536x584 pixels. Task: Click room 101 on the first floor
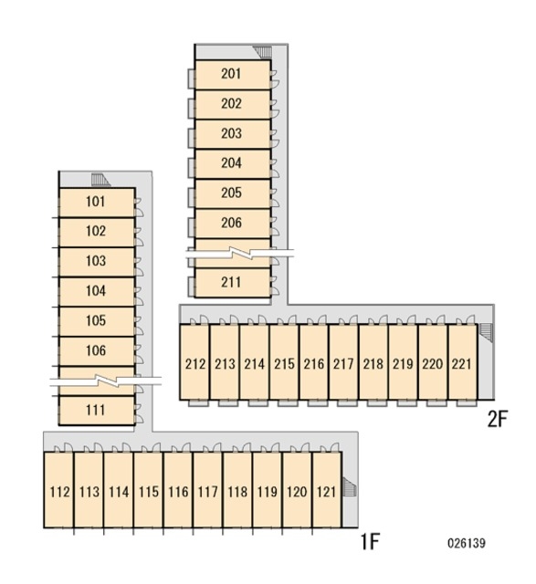pos(97,203)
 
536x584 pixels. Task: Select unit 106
pos(97,351)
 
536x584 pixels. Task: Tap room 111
pos(97,411)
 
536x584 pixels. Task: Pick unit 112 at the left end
pos(58,490)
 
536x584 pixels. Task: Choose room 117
pos(207,490)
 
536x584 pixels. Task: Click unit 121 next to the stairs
pos(327,490)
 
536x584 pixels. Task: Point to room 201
pos(233,75)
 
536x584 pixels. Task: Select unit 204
pos(233,164)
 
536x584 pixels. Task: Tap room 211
pos(233,283)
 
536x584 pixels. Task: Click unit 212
pos(194,362)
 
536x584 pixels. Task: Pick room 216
pos(314,362)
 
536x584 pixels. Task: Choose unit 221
pos(463,362)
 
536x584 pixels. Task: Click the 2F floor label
pos(498,419)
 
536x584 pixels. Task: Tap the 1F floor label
pos(370,541)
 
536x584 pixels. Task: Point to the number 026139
pos(467,543)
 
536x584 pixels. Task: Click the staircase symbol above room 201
pos(262,52)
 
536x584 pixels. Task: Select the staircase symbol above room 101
pos(100,180)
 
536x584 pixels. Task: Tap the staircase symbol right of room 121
pos(350,487)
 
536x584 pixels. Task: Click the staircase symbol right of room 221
pos(486,332)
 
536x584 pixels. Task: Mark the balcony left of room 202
pos(191,109)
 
